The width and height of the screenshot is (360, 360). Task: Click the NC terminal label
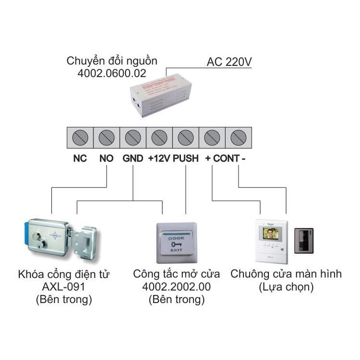click(80, 158)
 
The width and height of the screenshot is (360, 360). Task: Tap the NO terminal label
click(106, 158)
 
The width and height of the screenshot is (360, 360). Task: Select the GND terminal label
click(132, 158)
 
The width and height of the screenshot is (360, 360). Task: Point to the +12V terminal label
click(159, 158)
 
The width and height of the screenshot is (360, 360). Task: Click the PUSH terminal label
click(186, 158)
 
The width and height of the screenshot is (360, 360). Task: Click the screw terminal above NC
click(80, 138)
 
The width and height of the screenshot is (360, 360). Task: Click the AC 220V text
click(229, 62)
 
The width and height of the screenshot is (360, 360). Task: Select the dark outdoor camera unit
click(303, 240)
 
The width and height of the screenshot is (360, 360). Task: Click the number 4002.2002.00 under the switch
click(176, 288)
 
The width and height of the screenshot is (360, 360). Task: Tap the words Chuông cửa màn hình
click(286, 274)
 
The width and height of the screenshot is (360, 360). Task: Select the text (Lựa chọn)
click(286, 288)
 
